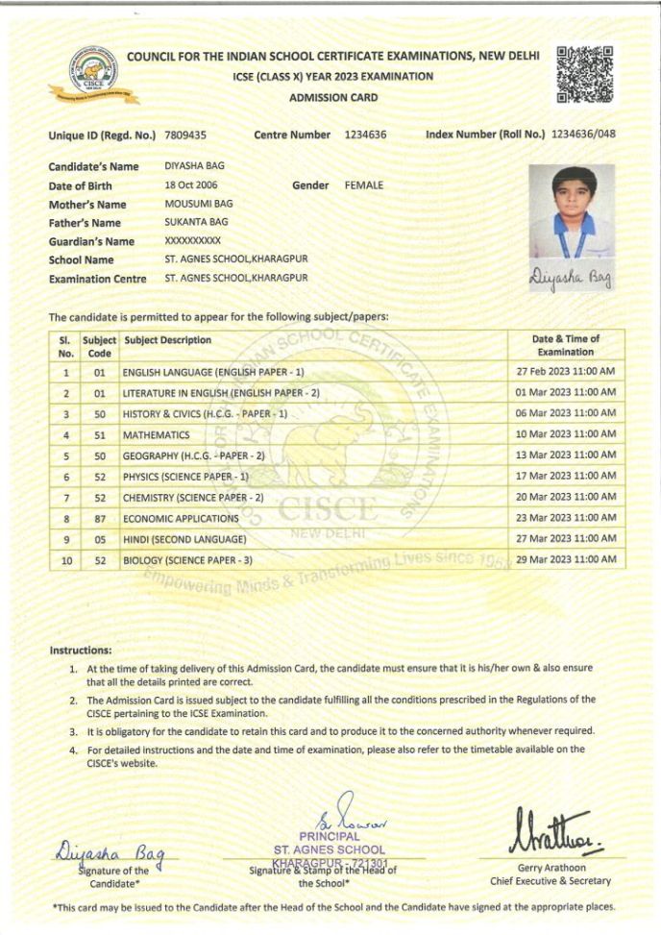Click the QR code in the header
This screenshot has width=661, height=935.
(584, 73)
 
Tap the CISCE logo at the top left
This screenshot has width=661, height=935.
(94, 75)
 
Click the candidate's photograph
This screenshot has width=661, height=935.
(570, 213)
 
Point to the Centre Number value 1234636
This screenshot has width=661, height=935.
(365, 135)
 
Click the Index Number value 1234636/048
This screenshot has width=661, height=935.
(581, 135)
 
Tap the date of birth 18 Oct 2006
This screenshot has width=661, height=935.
(192, 185)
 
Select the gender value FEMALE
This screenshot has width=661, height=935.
(363, 185)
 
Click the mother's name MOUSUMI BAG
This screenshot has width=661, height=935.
(198, 204)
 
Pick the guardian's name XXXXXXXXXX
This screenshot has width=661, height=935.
(192, 241)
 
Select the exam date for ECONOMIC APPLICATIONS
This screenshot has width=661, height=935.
(565, 518)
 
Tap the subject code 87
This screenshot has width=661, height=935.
(99, 518)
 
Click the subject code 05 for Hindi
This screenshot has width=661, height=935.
(99, 539)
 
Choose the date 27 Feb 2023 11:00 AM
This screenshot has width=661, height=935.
(565, 371)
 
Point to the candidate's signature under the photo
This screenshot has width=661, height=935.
(570, 280)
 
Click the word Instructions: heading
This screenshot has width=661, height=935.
(81, 650)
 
